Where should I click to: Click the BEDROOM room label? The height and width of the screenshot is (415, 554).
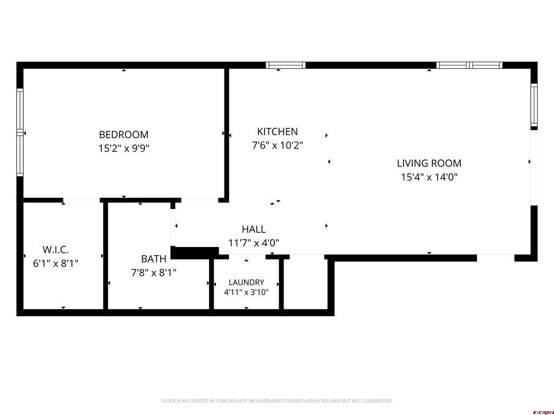point(124,135)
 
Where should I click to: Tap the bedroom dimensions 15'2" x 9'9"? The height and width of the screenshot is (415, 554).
point(124,148)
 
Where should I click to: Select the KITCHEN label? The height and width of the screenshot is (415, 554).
point(278,132)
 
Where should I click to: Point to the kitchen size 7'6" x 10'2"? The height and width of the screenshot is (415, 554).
point(278,145)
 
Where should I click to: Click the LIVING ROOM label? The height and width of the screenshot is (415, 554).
point(429,163)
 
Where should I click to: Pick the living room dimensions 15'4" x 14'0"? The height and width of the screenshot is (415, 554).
point(429,177)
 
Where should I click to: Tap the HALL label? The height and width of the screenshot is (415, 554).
point(254,229)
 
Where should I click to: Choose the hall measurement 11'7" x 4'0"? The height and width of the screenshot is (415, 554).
point(254,243)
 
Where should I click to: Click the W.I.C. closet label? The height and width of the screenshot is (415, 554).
point(56,250)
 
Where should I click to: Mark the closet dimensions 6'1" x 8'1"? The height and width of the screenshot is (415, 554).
point(56,263)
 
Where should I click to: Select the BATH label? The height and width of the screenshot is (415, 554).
point(154,259)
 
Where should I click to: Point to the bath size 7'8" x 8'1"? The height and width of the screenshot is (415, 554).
point(154,272)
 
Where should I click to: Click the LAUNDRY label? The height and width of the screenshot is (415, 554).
point(246,282)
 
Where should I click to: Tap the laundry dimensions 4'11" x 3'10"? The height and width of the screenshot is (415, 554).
point(246,292)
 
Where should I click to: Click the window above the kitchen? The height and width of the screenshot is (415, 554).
point(286,65)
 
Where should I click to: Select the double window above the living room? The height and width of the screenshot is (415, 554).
point(469,65)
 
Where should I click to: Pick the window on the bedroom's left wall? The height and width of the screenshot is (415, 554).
point(20,132)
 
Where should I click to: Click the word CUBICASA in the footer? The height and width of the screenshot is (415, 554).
point(229,401)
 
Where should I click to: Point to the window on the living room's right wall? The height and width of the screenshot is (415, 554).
point(534,105)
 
